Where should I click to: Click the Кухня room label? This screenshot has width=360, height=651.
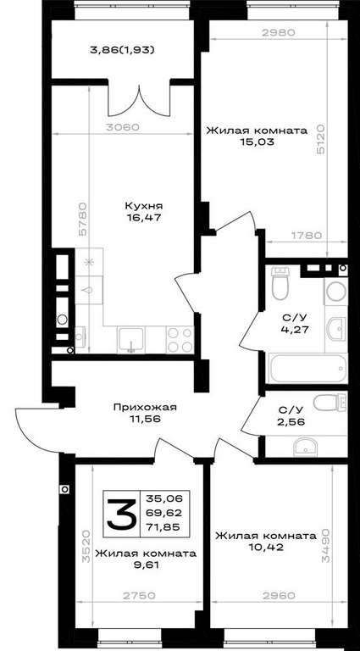(x=144, y=205)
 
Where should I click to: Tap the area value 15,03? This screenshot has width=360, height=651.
(x=257, y=142)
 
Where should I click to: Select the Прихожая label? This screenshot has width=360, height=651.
(x=145, y=407)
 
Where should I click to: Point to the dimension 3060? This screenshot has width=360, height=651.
(x=122, y=127)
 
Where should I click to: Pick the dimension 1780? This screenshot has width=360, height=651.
(x=306, y=236)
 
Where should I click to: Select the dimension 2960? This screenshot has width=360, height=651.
(x=279, y=596)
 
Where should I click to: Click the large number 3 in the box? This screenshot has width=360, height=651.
(x=121, y=514)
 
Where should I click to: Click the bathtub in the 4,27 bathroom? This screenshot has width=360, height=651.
(x=307, y=368)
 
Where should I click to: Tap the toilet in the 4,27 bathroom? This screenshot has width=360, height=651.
(x=280, y=283)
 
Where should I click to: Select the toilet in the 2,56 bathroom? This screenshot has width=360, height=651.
(x=330, y=403)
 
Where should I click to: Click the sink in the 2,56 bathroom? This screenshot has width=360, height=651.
(x=305, y=448)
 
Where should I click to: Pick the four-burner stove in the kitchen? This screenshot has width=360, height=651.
(x=180, y=339)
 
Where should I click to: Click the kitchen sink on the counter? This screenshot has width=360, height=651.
(x=131, y=339)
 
